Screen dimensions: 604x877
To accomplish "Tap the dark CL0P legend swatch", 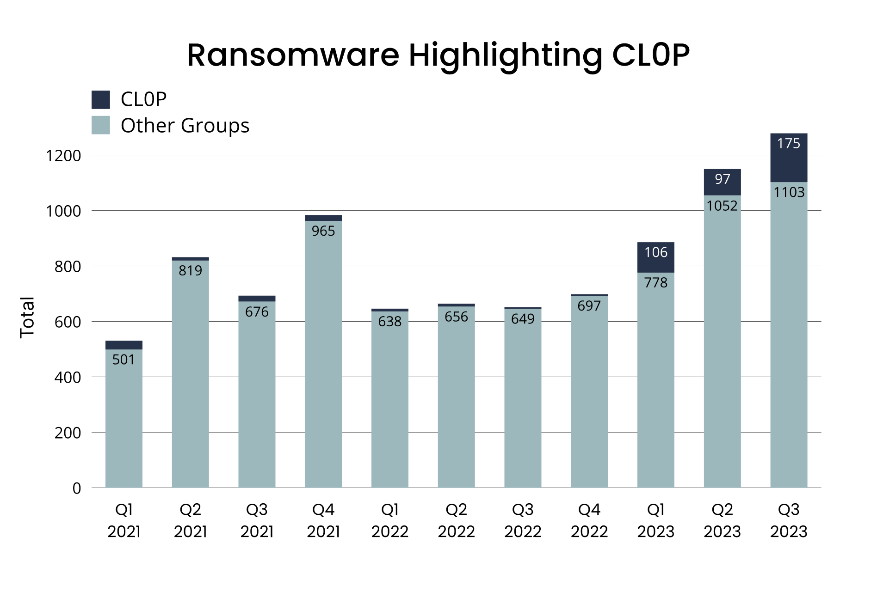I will point(101,99).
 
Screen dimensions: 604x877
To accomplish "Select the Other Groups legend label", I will point(185,125).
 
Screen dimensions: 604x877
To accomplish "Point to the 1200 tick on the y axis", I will point(63,156).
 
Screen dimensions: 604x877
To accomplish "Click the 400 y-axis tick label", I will point(68,378).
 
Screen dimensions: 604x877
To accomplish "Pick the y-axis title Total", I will point(27,317).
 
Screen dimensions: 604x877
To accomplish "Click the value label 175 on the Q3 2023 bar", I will point(788,143).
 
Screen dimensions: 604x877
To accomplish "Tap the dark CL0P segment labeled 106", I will point(655,257).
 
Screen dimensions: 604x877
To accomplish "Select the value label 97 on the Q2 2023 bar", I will point(722,179).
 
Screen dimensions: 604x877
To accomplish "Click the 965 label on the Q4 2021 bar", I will point(323,231).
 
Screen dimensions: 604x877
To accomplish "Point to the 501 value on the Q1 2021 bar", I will point(124,360).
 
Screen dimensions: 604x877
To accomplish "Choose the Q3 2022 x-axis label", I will point(523,520).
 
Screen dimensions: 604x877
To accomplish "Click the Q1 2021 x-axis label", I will point(124,520).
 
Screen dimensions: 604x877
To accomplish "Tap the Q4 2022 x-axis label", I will point(589,520).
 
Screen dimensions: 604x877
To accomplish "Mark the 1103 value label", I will point(789,192).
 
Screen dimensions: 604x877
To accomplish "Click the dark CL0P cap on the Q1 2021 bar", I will point(124,345).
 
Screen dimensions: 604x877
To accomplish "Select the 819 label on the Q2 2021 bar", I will point(190,270).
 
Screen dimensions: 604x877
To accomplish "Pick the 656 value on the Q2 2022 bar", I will point(456,317).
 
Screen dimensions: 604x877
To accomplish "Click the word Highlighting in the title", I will point(505,55).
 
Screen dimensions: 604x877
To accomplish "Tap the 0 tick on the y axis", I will point(77,488).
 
